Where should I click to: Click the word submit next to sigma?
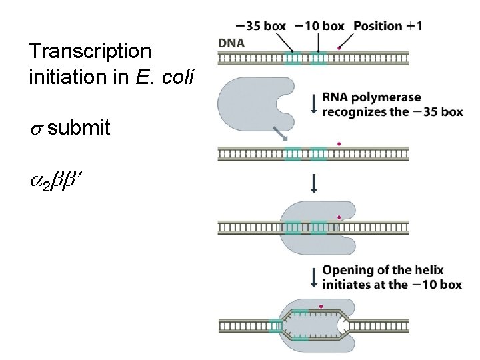79,128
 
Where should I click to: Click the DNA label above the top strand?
231,43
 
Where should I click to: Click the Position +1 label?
387,26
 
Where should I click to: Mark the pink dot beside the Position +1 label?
340,48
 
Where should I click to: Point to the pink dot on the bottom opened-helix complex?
321,307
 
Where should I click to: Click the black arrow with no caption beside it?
314,183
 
